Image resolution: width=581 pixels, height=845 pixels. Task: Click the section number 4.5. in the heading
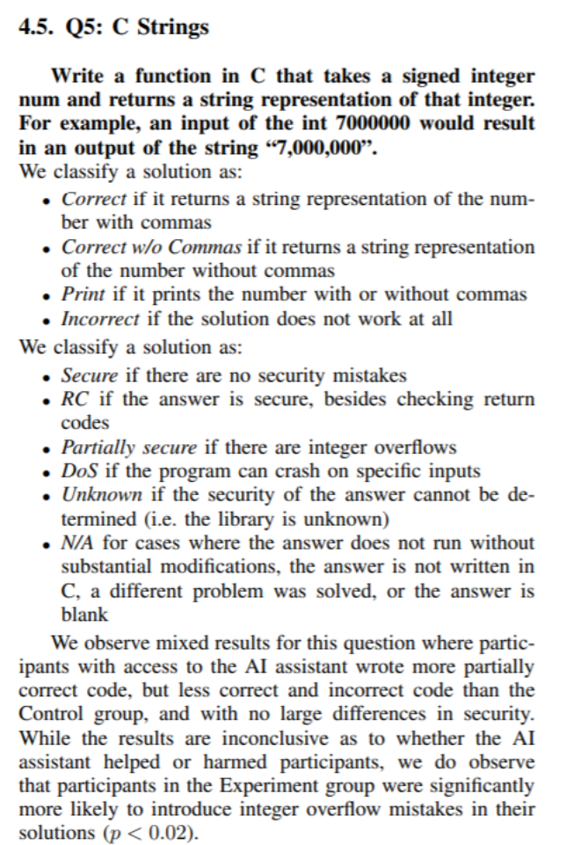36,27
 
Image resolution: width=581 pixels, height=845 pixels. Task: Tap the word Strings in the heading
172,27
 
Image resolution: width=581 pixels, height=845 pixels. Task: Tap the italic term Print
78,295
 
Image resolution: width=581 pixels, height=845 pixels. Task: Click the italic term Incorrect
96,317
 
